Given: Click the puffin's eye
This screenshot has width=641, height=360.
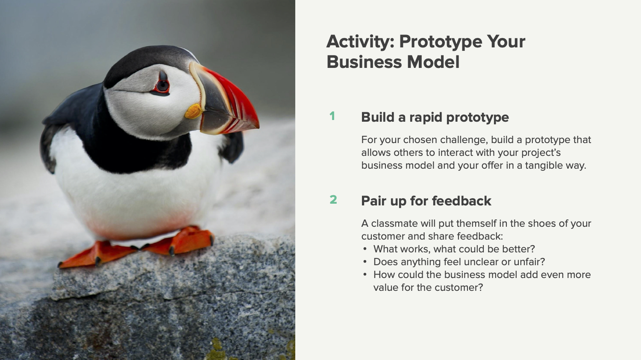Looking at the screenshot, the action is pos(162,86).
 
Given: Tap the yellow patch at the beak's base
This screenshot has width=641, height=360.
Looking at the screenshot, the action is pos(194,111).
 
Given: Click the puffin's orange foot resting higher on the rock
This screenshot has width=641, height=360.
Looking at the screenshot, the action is pos(192,240).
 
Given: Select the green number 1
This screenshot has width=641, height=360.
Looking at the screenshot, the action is pos(332,116).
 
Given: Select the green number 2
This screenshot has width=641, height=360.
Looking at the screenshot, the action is pos(333,199).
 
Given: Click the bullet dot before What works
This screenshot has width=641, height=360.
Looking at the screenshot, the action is pos(365,249).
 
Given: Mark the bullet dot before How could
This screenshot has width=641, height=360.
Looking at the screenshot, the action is pos(365,275).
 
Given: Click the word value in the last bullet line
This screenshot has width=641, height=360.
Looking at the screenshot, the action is pos(386,288).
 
